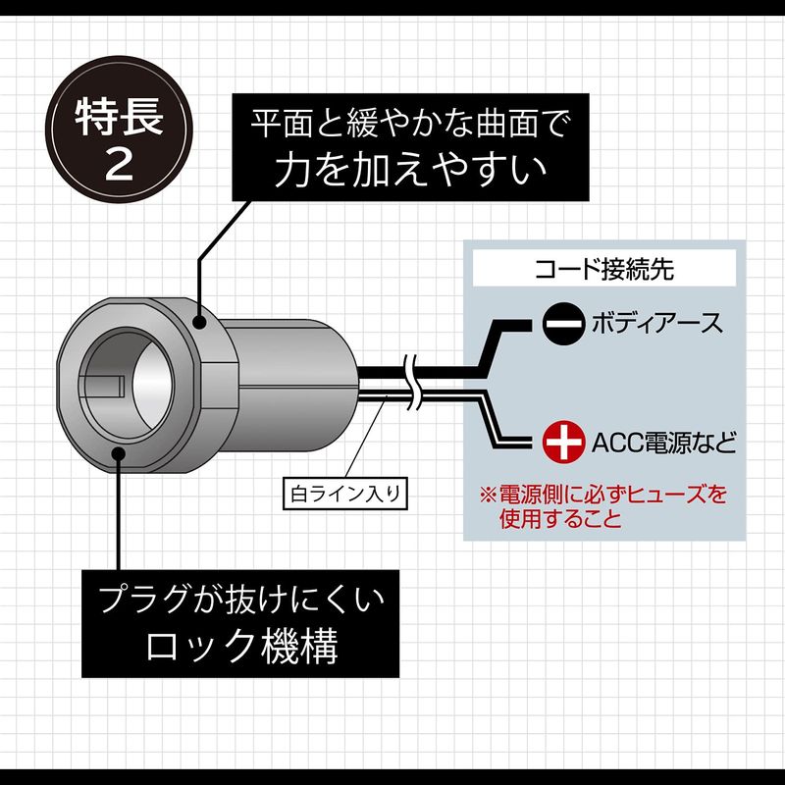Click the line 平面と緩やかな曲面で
(x=409, y=125)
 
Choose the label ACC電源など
(x=663, y=440)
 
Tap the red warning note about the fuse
(x=601, y=504)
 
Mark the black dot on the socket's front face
(x=118, y=452)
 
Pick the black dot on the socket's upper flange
(x=201, y=321)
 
